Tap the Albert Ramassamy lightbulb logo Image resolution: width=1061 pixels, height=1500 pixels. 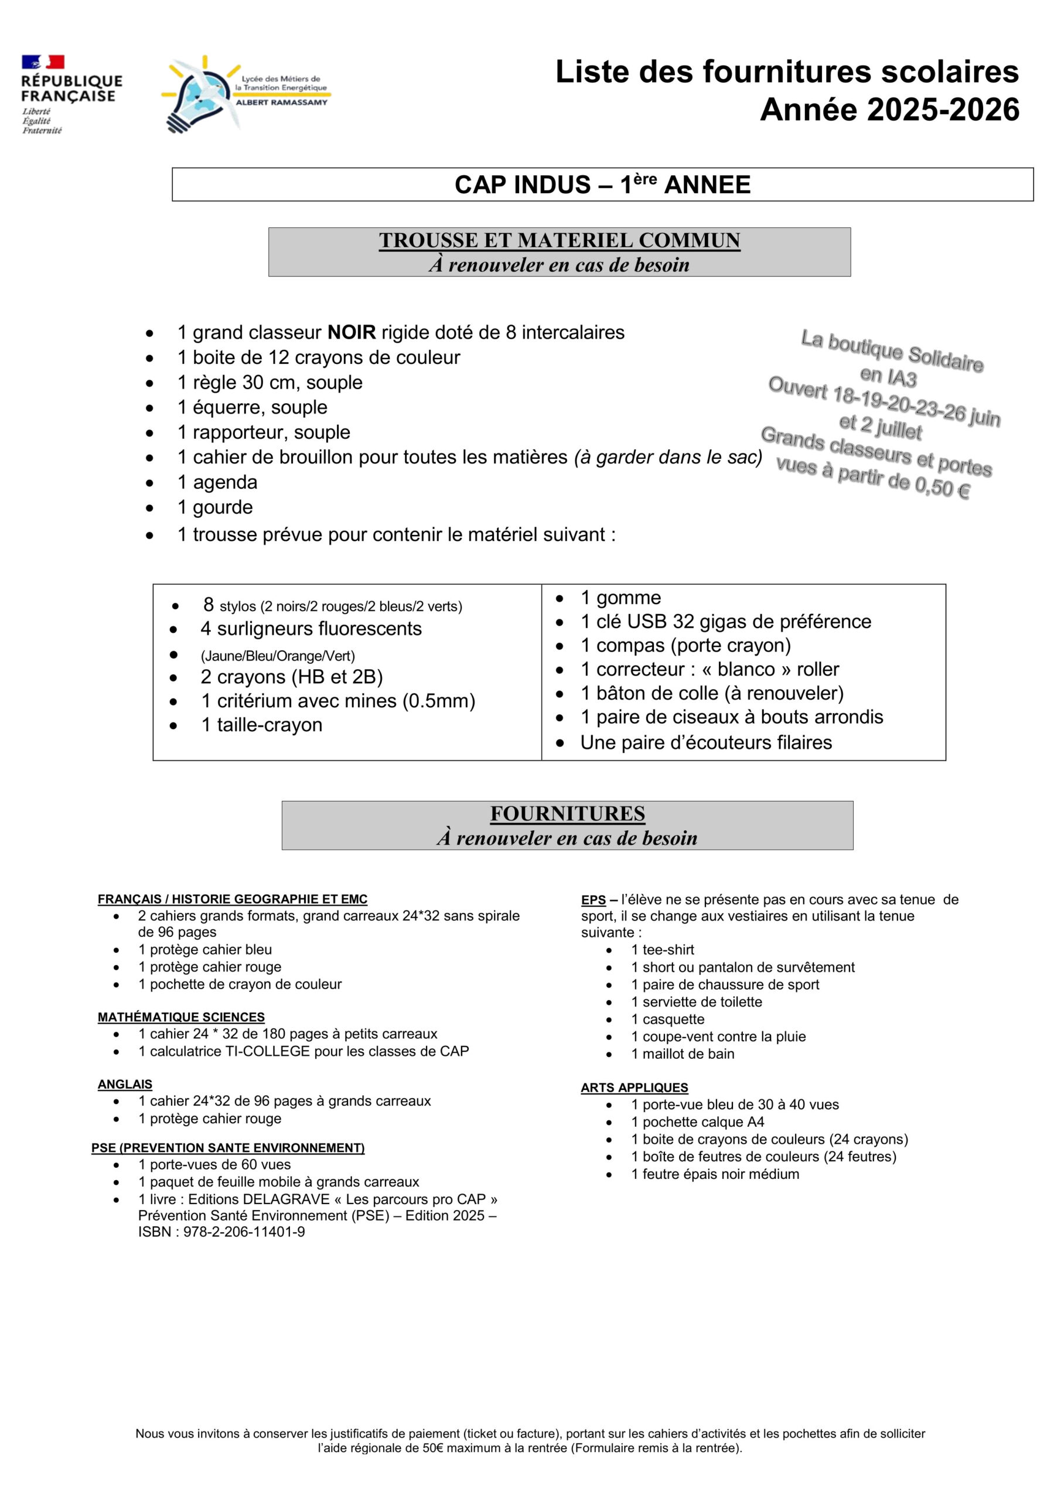pos(245,93)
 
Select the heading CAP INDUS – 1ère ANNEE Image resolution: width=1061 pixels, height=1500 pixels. pos(602,185)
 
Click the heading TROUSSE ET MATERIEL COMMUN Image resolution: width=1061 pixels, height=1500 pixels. pos(560,240)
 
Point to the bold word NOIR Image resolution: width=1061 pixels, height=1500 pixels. pos(352,333)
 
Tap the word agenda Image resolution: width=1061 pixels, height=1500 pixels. pos(225,483)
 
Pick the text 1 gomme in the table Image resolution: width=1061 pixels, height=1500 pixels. pos(620,598)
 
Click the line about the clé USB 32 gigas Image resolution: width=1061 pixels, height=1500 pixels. pos(725,621)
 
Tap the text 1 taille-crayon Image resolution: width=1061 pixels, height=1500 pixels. pos(261,725)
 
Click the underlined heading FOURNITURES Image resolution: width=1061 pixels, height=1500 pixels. pos(567,813)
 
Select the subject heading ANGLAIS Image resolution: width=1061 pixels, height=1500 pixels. pos(125,1085)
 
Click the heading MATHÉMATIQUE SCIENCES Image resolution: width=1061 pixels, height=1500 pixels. pos(181,1017)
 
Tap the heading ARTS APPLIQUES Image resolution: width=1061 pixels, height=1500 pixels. pos(634,1087)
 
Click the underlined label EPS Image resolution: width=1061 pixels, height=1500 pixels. pos(593,899)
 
